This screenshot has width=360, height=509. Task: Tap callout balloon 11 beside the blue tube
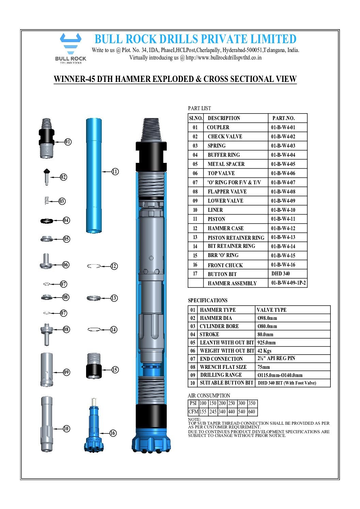click(115, 172)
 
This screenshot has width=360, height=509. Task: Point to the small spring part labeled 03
click(47, 201)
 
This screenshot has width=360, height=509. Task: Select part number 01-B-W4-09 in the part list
click(283, 201)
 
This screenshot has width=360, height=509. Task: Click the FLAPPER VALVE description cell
click(227, 192)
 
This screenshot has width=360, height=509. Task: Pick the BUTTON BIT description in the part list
click(222, 274)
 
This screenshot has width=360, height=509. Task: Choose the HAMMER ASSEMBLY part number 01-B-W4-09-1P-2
click(288, 283)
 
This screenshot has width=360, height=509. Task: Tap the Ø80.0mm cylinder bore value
click(267, 326)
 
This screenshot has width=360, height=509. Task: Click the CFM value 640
click(252, 412)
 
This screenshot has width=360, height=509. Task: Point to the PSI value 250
click(232, 403)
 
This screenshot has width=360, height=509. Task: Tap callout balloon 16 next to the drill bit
click(113, 433)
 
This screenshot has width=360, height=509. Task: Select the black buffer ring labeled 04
click(47, 221)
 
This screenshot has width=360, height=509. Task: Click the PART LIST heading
click(199, 108)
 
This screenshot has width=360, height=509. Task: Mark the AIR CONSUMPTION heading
click(209, 396)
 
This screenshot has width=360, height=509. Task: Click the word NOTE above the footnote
click(194, 420)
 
